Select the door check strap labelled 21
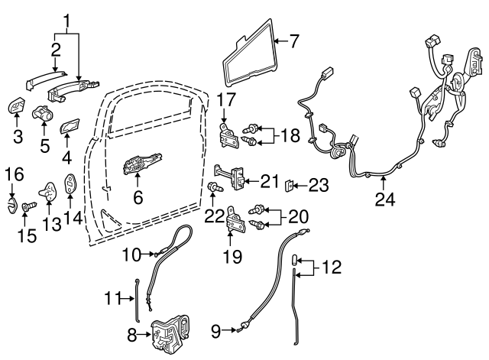234,179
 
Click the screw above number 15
28,207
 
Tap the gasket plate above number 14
71,183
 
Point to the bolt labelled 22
213,186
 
